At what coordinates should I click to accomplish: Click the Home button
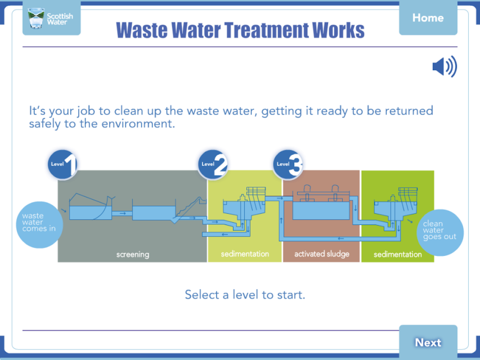tap(428, 17)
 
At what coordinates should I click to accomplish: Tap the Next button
tap(428, 342)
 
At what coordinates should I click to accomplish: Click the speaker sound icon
tap(445, 66)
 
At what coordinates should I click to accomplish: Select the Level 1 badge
tap(62, 164)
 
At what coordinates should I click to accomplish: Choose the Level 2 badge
tap(213, 164)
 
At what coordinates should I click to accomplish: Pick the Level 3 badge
tap(288, 164)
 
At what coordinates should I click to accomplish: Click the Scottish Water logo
tap(51, 18)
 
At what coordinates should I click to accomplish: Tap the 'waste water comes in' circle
tap(39, 224)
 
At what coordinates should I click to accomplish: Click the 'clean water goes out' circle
tap(440, 233)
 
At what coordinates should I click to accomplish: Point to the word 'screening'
tap(133, 254)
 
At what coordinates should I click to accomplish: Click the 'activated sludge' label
tap(322, 254)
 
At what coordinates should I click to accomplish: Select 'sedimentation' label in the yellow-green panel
tap(245, 254)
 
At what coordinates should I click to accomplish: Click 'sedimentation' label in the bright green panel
tap(398, 254)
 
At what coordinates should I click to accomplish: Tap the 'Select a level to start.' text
tap(245, 295)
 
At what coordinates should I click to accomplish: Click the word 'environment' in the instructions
tap(138, 124)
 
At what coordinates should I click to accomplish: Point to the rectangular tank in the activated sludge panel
tap(321, 210)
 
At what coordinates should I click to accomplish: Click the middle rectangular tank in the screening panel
tap(154, 213)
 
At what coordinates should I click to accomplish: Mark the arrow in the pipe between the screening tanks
tap(123, 213)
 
